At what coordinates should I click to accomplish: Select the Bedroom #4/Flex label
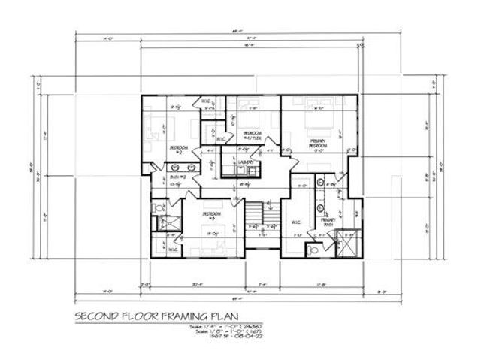251,135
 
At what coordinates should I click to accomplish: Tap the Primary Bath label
328,222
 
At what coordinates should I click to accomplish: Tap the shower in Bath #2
160,224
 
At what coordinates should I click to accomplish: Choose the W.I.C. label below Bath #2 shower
172,250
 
